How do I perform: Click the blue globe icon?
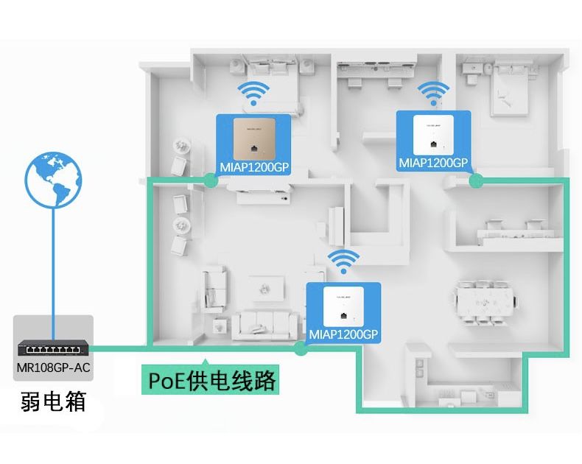53,180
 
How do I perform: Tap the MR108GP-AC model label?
54,368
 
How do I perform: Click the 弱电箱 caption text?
54,401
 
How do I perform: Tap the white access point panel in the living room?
343,306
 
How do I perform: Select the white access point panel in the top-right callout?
433,135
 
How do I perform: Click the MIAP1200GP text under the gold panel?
254,167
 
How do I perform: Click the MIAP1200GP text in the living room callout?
343,334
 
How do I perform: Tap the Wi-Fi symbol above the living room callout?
343,261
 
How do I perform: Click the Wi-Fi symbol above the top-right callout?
433,94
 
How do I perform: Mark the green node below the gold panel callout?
211,180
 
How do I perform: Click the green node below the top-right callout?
476,180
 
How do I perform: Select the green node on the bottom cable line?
301,348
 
